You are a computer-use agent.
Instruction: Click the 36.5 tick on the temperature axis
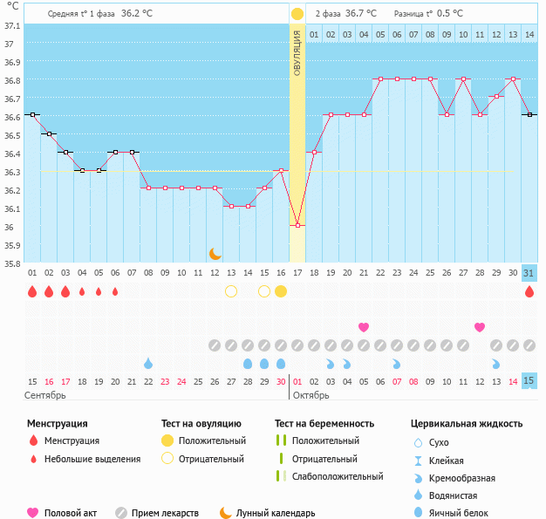point(12,135)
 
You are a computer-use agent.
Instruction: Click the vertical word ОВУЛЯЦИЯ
point(297,53)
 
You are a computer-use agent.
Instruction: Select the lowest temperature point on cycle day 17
point(297,225)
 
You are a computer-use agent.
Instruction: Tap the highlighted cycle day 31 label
point(529,273)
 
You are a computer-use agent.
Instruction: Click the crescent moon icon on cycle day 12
point(215,254)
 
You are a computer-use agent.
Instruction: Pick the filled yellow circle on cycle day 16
point(281,290)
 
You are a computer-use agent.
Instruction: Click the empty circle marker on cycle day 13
point(231,290)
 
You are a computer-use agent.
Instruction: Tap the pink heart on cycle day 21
point(364,327)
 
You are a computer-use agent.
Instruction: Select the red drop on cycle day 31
point(529,291)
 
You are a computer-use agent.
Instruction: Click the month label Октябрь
point(311,395)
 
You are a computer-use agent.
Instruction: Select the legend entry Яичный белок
point(463,513)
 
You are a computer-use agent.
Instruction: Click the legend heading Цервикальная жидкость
point(467,423)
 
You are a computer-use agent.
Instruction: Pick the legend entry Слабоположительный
point(338,476)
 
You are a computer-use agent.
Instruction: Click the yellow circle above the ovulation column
point(297,13)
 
